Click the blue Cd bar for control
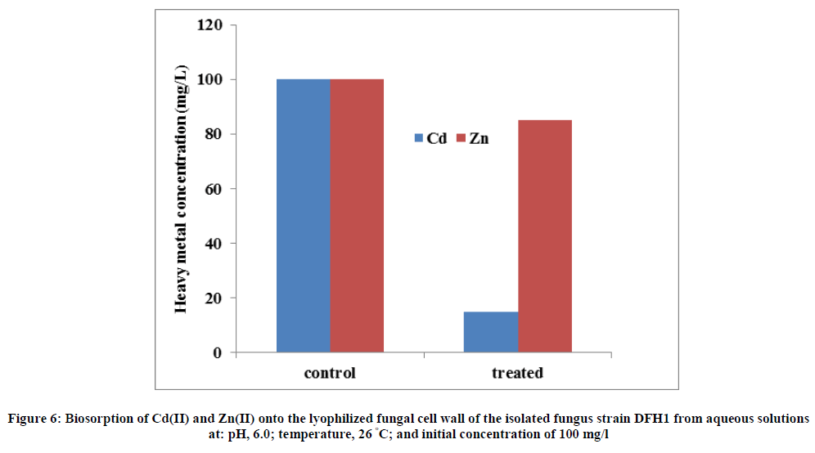coord(303,216)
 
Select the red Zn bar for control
coord(357,216)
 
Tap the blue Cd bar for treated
coord(491,332)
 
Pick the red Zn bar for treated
coord(544,236)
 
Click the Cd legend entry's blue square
coord(419,139)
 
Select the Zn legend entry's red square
coord(460,139)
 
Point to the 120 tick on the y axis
coord(210,25)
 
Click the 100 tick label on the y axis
coord(210,80)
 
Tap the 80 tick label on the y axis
coord(214,134)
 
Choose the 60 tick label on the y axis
coord(214,189)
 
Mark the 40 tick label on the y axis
coord(214,244)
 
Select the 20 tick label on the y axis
coord(214,298)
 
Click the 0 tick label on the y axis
coord(218,353)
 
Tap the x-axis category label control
coord(330,374)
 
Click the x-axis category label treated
coord(517,374)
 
